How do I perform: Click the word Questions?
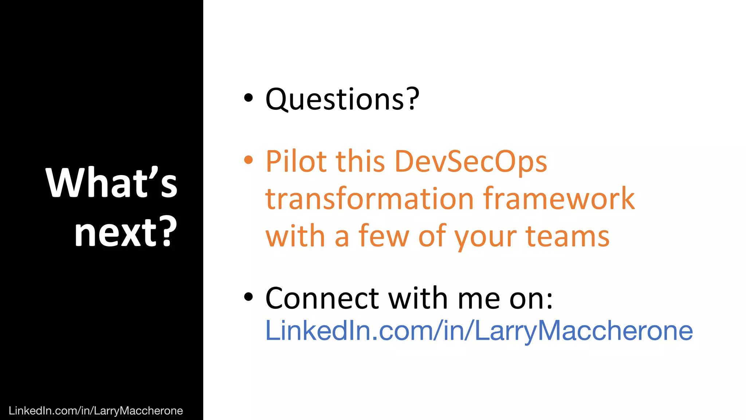342,99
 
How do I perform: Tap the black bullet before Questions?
248,98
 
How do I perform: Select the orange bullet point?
248,160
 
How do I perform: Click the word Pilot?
295,161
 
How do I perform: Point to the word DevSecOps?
471,161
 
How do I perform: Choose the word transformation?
369,199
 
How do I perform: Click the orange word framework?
559,199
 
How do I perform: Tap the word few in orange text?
384,236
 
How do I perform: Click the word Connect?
322,298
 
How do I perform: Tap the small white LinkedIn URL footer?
95,411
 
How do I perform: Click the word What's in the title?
111,183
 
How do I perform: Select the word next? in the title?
126,232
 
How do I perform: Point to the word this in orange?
360,161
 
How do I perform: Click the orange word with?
295,236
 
